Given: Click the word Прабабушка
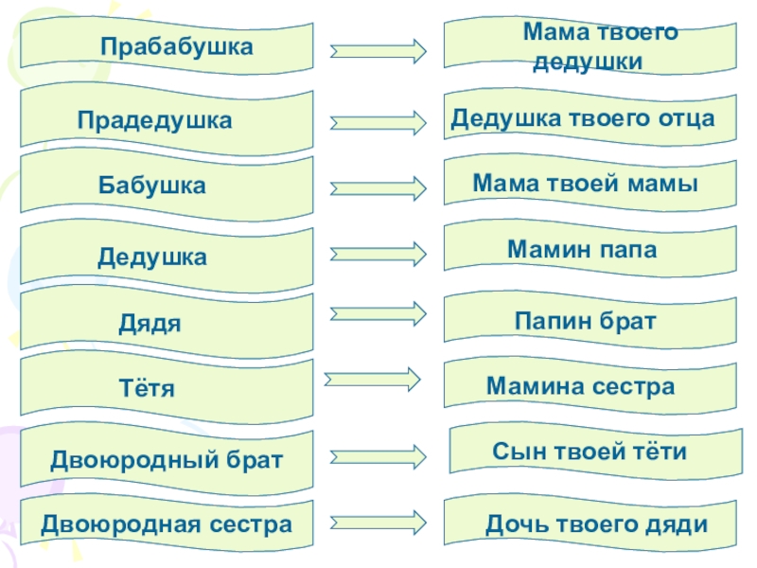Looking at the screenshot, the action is tap(177, 47).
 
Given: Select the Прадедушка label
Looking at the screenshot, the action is tap(154, 121).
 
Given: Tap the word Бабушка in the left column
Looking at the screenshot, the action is tap(152, 186).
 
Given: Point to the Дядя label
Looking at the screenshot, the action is tap(150, 324).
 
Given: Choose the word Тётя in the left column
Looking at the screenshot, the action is tap(147, 388).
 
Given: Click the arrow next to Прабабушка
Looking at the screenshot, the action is tap(378, 51).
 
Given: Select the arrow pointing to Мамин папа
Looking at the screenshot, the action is tap(378, 254).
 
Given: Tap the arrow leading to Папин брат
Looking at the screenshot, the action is tap(378, 314).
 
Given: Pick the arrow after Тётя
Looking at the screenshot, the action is tap(372, 380).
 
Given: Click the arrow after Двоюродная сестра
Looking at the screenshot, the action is tap(378, 523).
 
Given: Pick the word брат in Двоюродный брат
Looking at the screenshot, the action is tap(255, 460).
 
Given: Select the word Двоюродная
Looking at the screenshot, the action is tap(120, 525).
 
